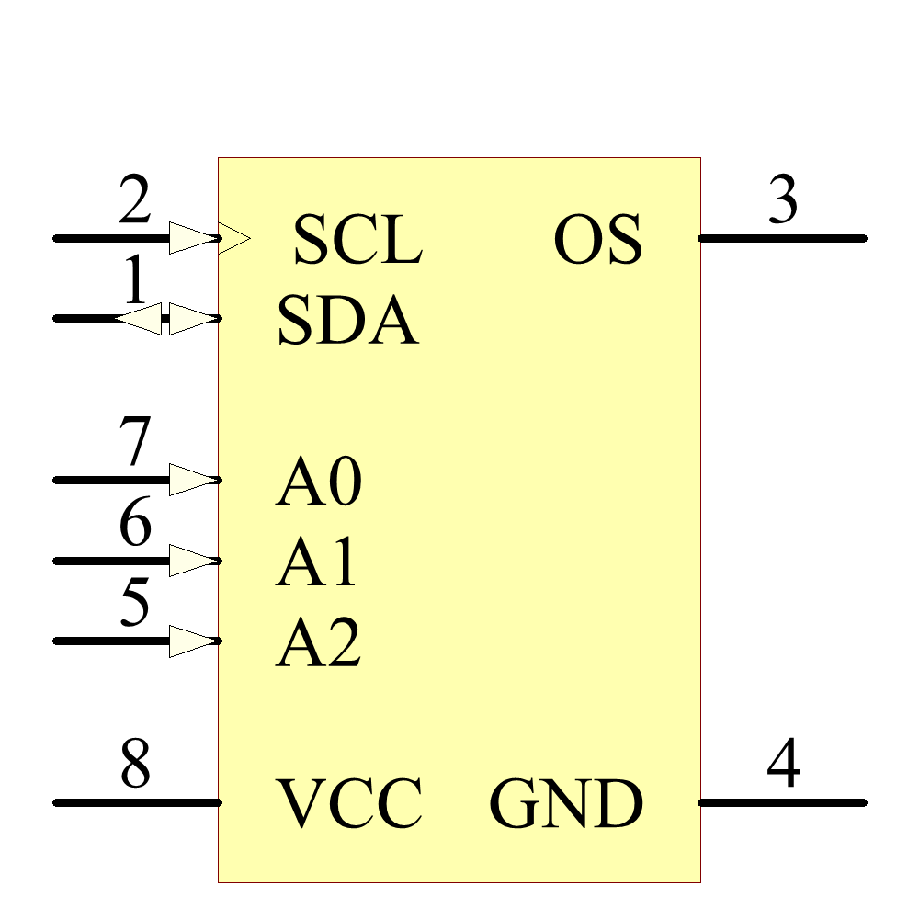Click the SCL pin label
point(357,241)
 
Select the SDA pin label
point(347,321)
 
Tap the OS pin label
point(597,241)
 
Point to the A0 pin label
point(318,482)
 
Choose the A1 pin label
point(316,562)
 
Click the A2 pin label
point(318,642)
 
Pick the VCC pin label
point(350,803)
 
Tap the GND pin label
point(565,803)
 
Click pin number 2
point(135,202)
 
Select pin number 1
point(135,282)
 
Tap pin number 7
point(135,443)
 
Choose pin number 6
point(135,525)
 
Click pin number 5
point(135,604)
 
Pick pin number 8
point(135,766)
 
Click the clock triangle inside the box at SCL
point(233,239)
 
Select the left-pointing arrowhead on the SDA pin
point(140,319)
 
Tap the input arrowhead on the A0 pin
point(193,480)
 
